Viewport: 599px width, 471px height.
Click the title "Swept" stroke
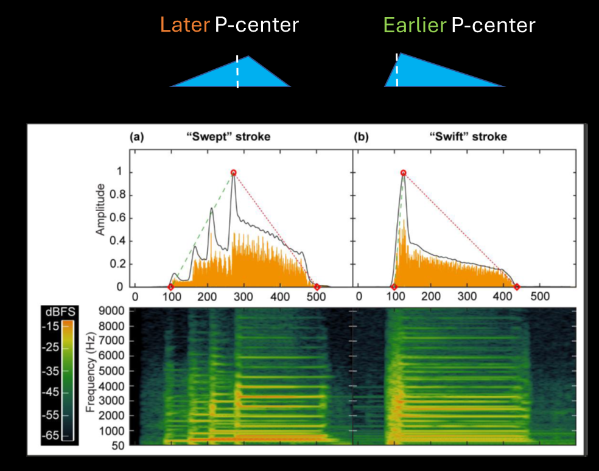pyautogui.click(x=228, y=137)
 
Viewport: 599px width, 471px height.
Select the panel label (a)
pyautogui.click(x=136, y=137)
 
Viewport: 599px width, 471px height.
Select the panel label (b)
pyautogui.click(x=361, y=137)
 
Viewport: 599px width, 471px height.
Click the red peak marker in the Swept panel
pyautogui.click(x=233, y=173)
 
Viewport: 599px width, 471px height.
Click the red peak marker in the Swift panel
pyautogui.click(x=403, y=173)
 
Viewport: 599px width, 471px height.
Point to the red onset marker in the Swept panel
pyautogui.click(x=170, y=287)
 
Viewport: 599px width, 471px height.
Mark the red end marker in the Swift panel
pyautogui.click(x=517, y=287)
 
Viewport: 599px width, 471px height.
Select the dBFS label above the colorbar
pyautogui.click(x=60, y=312)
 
